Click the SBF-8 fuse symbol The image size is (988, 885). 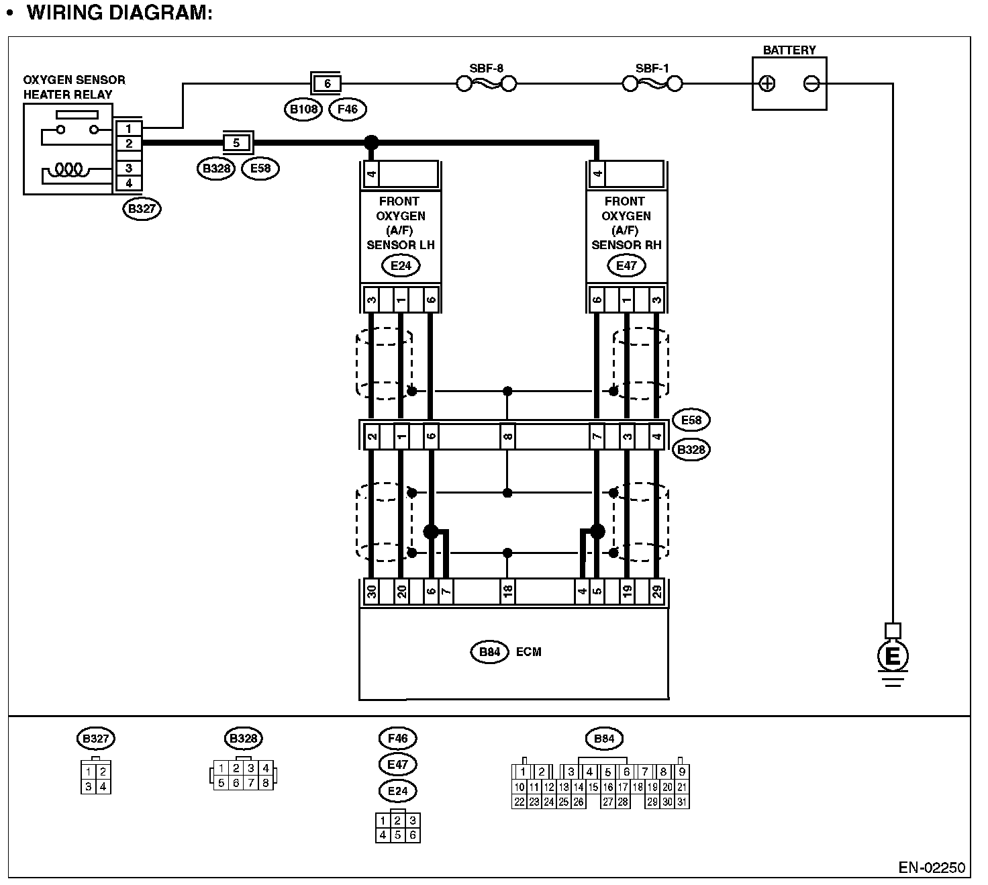pos(486,84)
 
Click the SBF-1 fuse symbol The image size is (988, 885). pos(652,84)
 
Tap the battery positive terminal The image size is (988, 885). pos(767,84)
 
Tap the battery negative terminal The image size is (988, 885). pos(811,84)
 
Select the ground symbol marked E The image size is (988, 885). pos(892,656)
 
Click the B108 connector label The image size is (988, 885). pos(303,109)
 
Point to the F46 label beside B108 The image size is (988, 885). pos(348,109)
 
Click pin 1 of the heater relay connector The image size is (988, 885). pos(129,128)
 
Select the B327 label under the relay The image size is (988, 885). pos(142,209)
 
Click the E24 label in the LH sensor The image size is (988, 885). pos(401,265)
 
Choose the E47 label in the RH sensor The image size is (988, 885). pos(626,265)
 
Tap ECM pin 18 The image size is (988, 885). pos(507,592)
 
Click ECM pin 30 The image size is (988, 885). pos(371,592)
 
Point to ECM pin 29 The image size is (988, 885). pos(657,592)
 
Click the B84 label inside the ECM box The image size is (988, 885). pos(489,652)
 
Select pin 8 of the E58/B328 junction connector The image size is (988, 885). pos(507,437)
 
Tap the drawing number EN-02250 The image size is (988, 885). pos(932,868)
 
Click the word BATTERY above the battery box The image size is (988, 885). pos(789,50)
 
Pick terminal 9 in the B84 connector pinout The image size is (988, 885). pos(682,772)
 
